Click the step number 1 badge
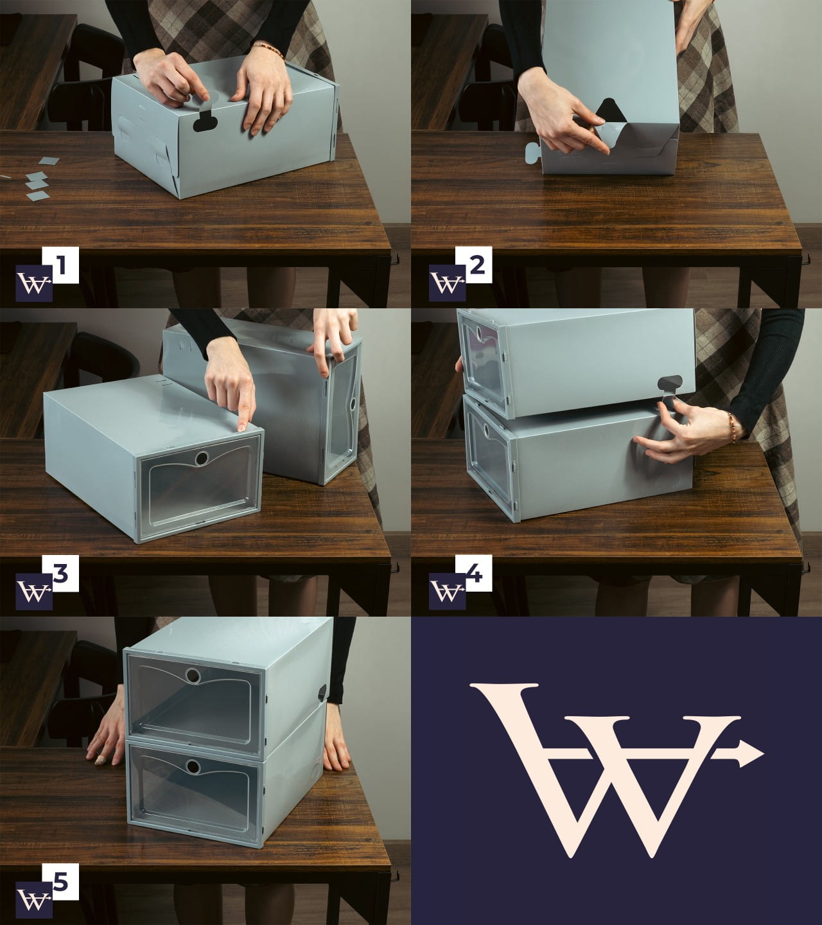(60, 265)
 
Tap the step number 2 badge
(473, 265)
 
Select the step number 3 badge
(60, 574)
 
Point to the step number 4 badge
(473, 574)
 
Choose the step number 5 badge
(60, 881)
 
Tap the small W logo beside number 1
(34, 283)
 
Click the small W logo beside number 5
(34, 901)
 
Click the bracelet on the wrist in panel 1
(269, 49)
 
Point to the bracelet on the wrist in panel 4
(731, 427)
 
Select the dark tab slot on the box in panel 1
(205, 121)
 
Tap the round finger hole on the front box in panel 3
(202, 459)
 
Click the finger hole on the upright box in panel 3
(353, 404)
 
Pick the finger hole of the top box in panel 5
(193, 676)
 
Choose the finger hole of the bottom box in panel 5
(193, 766)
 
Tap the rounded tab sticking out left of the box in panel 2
(532, 152)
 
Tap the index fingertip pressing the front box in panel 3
(242, 427)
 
